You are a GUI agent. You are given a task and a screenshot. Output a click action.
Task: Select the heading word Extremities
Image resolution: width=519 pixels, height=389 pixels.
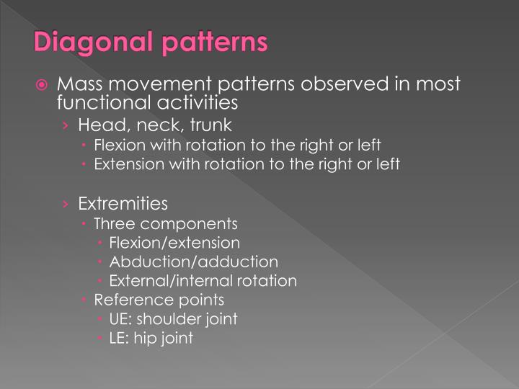123,203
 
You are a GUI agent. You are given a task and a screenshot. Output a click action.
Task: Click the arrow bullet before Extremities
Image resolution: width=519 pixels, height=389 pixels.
66,204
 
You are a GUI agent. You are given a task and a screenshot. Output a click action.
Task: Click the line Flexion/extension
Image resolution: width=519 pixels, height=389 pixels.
174,243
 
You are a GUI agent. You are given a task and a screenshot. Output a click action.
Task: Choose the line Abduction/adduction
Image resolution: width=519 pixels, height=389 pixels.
193,261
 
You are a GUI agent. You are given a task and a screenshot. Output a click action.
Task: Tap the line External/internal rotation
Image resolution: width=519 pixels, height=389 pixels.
203,280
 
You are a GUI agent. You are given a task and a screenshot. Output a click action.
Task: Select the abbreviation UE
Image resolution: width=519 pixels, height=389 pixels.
119,318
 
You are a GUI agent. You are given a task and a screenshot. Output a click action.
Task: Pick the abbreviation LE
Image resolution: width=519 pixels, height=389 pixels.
117,337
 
